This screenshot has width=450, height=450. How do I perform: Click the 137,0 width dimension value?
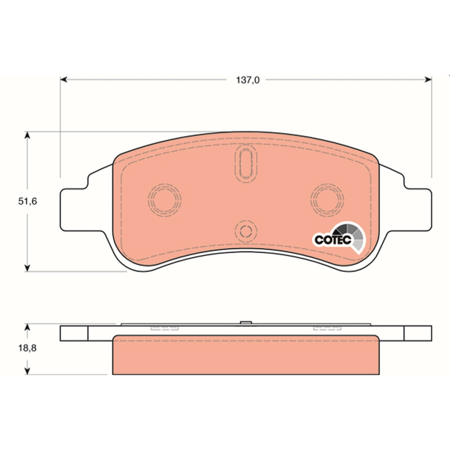coord(247,80)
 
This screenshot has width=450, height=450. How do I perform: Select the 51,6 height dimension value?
coord(28,201)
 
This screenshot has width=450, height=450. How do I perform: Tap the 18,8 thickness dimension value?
coord(28,348)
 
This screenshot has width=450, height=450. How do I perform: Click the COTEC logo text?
coord(333,240)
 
